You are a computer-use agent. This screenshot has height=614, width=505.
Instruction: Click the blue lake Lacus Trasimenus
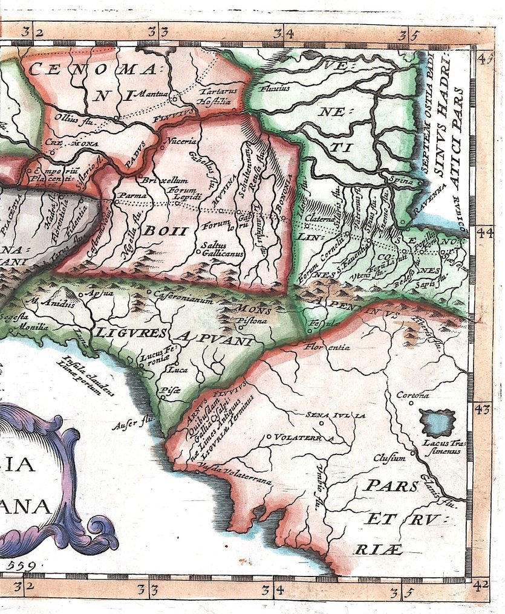pyautogui.click(x=437, y=422)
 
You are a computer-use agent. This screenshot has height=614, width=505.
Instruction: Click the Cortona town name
pyautogui.click(x=412, y=395)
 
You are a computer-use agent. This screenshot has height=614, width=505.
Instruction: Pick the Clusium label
pyautogui.click(x=389, y=457)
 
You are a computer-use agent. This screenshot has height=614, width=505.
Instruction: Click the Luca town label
pyautogui.click(x=178, y=369)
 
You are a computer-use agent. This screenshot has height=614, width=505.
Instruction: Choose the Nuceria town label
pyautogui.click(x=181, y=141)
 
